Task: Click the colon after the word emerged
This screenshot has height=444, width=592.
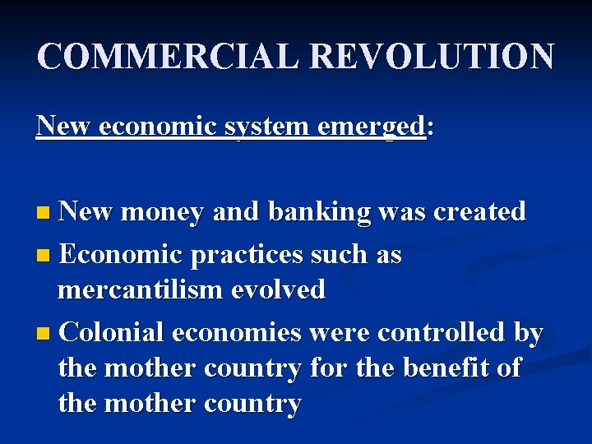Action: [429, 128]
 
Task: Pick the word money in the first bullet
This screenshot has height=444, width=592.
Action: [162, 213]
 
